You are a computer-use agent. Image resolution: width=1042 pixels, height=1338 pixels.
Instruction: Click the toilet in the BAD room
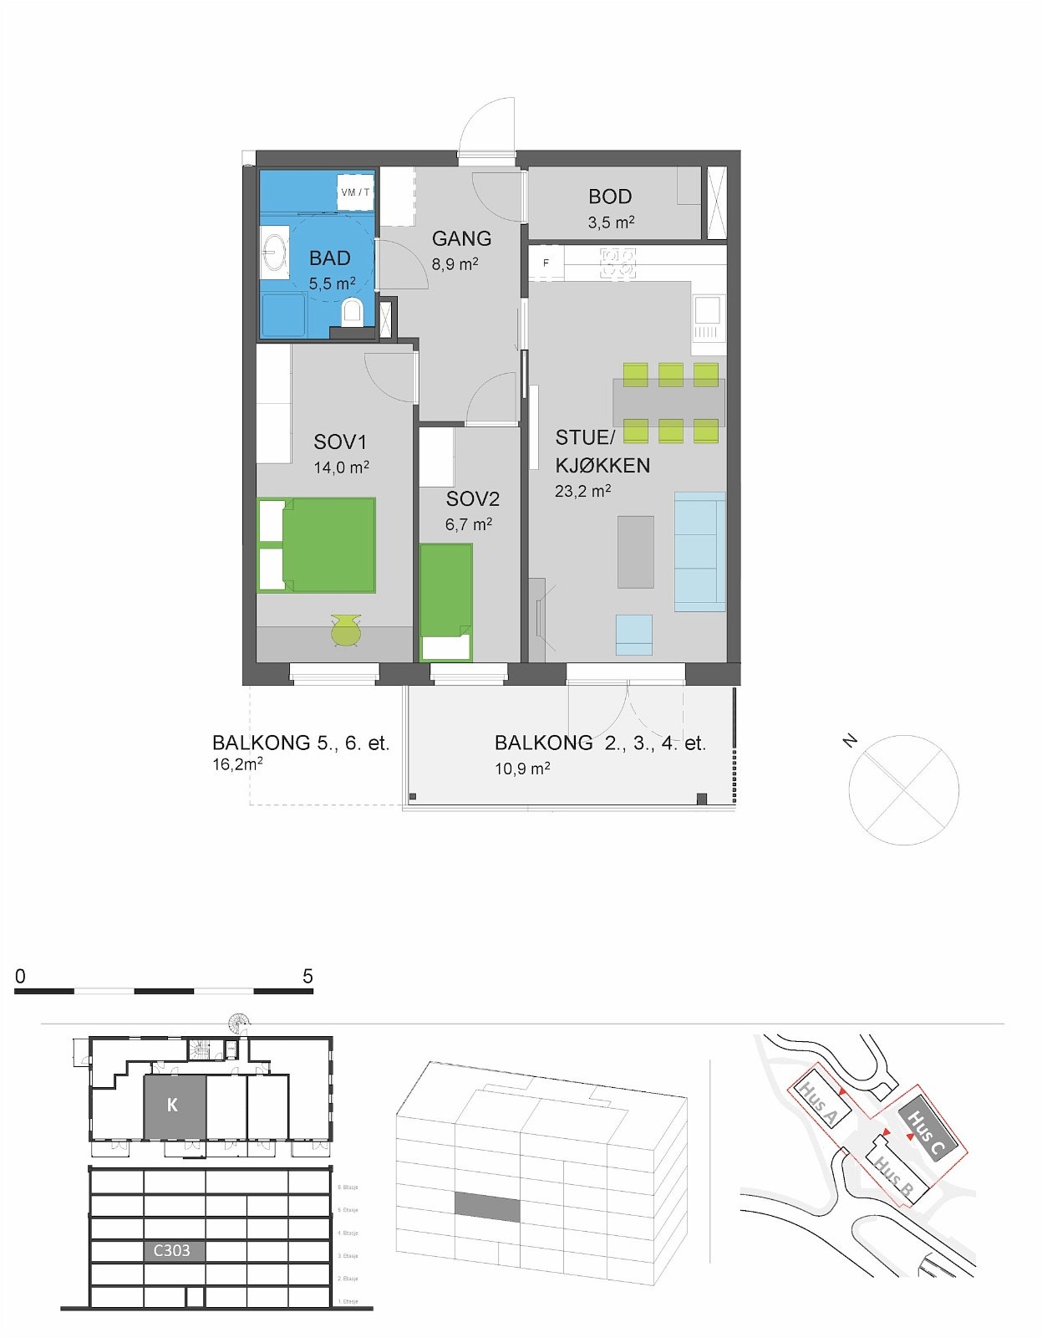click(x=353, y=311)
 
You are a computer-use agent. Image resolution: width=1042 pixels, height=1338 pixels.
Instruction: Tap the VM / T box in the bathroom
click(x=355, y=192)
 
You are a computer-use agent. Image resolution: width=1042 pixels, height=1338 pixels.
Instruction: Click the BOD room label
click(x=610, y=197)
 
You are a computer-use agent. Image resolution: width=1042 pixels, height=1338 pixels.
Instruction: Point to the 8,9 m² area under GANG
click(x=455, y=264)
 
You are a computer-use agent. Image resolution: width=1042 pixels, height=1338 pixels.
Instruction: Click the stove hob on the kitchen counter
click(x=618, y=263)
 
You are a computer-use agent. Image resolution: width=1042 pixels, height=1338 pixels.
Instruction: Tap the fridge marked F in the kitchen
click(x=546, y=263)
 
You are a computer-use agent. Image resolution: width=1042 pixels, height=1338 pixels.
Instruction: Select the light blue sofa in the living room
click(x=699, y=551)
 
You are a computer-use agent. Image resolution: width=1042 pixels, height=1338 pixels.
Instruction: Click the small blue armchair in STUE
click(x=633, y=634)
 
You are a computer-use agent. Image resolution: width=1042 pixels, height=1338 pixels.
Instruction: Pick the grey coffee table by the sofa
click(x=636, y=551)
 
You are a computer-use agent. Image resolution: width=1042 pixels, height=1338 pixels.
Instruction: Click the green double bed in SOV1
click(x=318, y=545)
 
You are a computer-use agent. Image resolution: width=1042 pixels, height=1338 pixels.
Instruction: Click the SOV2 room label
click(x=472, y=499)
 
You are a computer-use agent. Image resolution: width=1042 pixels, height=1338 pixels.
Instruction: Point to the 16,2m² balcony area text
click(x=238, y=764)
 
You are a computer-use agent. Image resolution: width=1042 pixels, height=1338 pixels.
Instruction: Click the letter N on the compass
click(x=850, y=740)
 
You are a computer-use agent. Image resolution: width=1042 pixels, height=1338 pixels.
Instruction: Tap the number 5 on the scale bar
click(x=308, y=976)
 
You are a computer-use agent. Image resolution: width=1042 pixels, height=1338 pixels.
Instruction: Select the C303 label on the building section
click(x=172, y=1250)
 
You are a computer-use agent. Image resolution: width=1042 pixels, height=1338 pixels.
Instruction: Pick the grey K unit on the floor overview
click(x=173, y=1106)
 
